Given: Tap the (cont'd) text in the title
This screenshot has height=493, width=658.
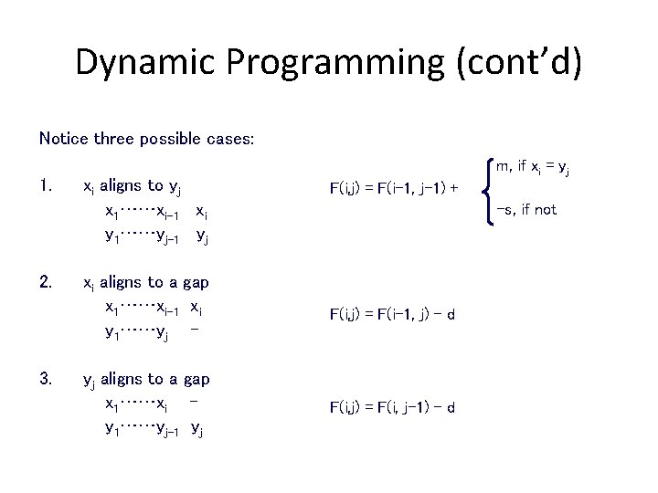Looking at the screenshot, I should [x=523, y=62].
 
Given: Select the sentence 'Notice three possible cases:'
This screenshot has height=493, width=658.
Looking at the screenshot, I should [x=146, y=139].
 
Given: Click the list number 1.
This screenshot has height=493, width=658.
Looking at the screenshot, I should [x=46, y=186].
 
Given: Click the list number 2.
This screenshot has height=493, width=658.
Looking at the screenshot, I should [x=46, y=283].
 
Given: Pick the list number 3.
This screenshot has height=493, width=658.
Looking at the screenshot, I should [x=46, y=379].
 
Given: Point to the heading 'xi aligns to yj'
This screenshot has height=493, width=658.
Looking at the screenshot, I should [x=132, y=187].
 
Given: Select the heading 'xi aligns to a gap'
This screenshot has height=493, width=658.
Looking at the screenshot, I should [x=146, y=283].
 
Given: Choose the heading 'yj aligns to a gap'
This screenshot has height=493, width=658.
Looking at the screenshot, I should [x=146, y=379].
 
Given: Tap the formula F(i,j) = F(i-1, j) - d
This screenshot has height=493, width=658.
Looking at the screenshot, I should [x=392, y=315].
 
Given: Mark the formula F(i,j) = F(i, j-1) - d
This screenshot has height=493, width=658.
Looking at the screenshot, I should [x=392, y=407].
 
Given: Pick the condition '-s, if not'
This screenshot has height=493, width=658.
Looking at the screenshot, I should [x=525, y=210].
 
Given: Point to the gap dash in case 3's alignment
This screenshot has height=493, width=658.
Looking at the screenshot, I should [x=196, y=401].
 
